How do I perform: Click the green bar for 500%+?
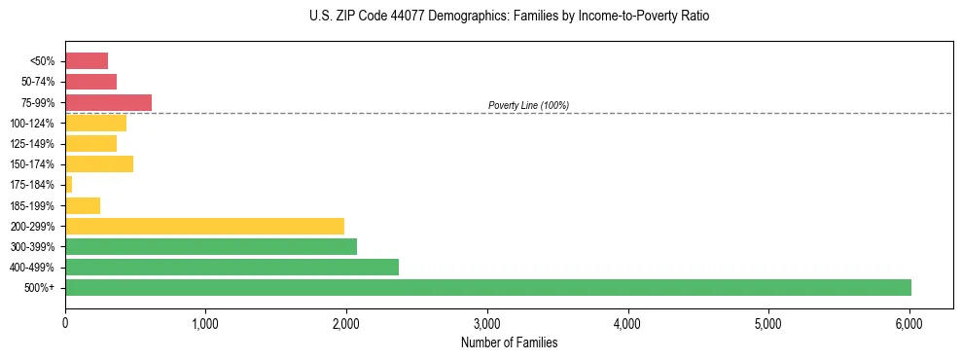click(x=487, y=287)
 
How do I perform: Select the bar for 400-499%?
click(x=232, y=267)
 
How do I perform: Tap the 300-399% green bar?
click(x=211, y=246)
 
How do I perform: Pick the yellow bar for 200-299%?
click(x=204, y=226)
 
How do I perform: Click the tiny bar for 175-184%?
click(x=68, y=184)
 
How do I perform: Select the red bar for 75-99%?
click(x=108, y=102)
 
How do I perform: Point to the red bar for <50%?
click(x=87, y=60)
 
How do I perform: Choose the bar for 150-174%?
click(x=99, y=163)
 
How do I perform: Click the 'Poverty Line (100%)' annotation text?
click(x=528, y=105)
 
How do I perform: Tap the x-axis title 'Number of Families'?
click(x=508, y=342)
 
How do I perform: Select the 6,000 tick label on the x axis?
click(x=909, y=322)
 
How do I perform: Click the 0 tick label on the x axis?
click(x=65, y=322)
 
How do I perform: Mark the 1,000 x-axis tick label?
click(x=205, y=322)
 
